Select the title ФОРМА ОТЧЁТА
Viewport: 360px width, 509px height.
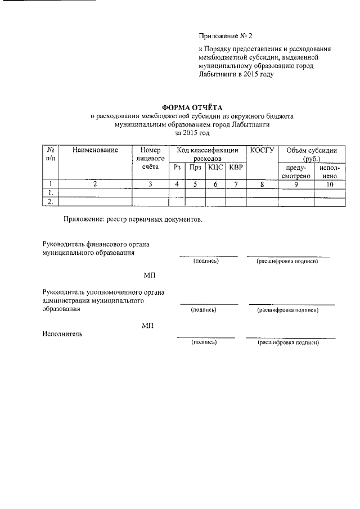192,107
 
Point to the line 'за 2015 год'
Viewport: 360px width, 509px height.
192,133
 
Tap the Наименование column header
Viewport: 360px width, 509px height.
94,150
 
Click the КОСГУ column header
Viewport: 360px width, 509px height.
262,150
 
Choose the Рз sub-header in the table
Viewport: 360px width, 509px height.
177,167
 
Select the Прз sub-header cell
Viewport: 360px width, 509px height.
195,167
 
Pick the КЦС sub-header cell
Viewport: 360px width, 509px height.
215,167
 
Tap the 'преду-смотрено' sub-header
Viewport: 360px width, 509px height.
296,172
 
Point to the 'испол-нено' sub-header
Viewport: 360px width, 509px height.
329,172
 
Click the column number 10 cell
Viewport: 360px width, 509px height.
329,184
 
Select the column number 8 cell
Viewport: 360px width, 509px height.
262,184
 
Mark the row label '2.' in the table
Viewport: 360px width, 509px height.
51,202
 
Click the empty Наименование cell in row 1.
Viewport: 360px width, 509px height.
94,193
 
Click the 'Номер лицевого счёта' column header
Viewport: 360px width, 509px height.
150,159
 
